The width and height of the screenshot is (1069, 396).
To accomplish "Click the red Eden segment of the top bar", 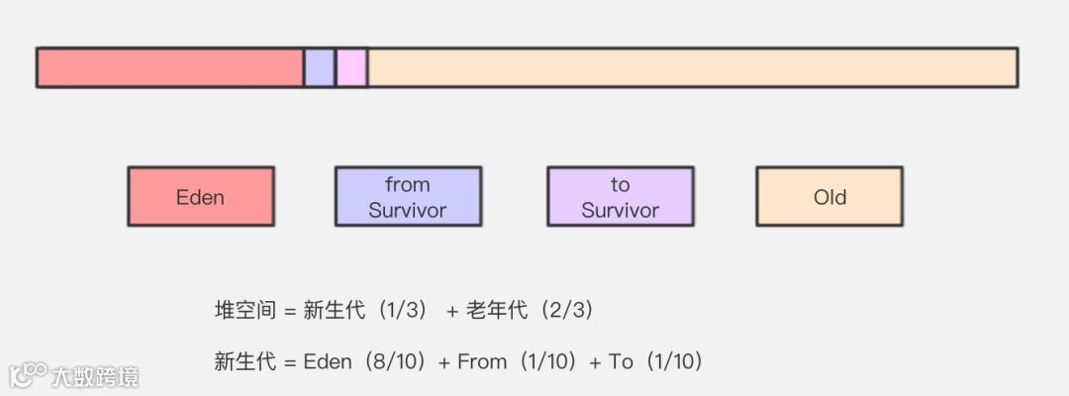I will [x=169, y=67].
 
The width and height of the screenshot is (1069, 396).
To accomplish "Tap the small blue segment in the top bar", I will [x=319, y=67].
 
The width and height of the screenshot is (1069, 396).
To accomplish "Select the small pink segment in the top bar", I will [x=351, y=67].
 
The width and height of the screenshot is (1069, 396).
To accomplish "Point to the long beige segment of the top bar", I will [x=693, y=67].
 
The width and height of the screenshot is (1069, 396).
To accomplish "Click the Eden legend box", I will [x=200, y=196].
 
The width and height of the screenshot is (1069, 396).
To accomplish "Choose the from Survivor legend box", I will [x=408, y=196].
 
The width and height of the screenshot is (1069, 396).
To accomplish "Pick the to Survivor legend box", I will [x=620, y=196].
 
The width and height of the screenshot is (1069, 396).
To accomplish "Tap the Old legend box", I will [x=829, y=196].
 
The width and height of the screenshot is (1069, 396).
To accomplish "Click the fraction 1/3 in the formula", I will [x=399, y=311].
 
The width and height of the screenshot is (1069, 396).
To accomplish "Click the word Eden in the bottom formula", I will [x=328, y=362].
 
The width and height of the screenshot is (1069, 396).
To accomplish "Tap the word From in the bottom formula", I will [x=482, y=362].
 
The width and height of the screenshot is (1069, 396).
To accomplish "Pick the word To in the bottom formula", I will [x=621, y=362].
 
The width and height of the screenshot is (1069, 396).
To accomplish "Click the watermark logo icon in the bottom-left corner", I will [x=28, y=375].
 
